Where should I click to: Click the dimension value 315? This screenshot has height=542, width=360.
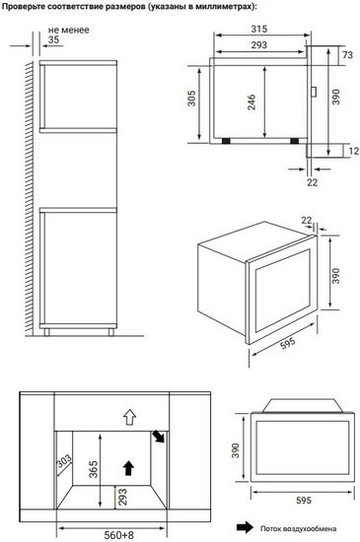[259, 29]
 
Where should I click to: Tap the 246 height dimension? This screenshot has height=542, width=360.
[252, 102]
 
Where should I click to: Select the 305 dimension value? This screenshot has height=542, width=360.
[191, 99]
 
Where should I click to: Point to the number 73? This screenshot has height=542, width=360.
[347, 54]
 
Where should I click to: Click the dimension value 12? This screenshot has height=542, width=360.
[353, 151]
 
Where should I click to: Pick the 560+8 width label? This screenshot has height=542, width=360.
[118, 535]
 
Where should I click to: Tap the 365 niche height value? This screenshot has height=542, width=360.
[94, 469]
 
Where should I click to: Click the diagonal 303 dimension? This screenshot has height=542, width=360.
[64, 461]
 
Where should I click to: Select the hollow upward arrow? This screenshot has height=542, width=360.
[129, 417]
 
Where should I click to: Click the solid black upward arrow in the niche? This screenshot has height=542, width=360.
[128, 468]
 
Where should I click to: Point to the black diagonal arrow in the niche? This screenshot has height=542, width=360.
[159, 437]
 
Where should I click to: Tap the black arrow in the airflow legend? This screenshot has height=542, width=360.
[245, 527]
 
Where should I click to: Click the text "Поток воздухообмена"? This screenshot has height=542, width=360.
[298, 528]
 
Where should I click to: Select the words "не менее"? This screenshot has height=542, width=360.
[68, 31]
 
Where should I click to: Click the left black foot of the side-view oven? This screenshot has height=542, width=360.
[226, 141]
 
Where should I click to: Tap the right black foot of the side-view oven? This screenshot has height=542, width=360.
[295, 141]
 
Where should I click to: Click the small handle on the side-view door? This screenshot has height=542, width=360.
[314, 92]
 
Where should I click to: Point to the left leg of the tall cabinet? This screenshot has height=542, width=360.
[46, 332]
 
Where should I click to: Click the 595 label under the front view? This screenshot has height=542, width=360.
[304, 501]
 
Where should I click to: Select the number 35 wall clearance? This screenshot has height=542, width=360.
[53, 39]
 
